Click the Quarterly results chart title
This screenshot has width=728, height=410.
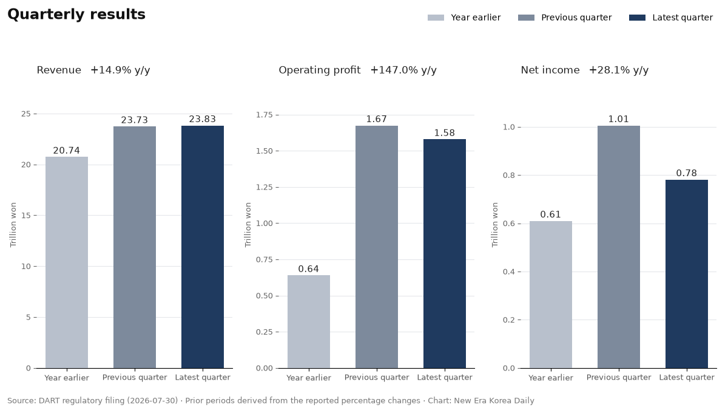tap(76, 15)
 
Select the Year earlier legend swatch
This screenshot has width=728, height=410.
tap(436, 18)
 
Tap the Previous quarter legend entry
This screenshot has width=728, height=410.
tap(565, 18)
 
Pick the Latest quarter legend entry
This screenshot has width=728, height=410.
tap(671, 18)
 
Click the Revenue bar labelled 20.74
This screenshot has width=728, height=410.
tap(67, 262)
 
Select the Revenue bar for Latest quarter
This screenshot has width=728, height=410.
tap(203, 247)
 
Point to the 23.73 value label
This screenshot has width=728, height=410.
tap(135, 120)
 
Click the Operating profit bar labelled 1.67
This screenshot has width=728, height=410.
tap(377, 247)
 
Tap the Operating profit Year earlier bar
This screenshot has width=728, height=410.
tap(309, 321)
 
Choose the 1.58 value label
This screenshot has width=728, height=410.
tap(445, 133)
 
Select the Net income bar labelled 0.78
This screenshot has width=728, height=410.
tap(687, 274)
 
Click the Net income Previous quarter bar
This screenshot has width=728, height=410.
tap(619, 247)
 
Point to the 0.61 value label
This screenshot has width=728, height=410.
tap(551, 214)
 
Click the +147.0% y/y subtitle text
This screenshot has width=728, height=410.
tap(403, 70)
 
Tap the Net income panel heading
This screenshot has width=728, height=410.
tap(550, 70)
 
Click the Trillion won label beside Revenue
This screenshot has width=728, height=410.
tap(13, 225)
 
